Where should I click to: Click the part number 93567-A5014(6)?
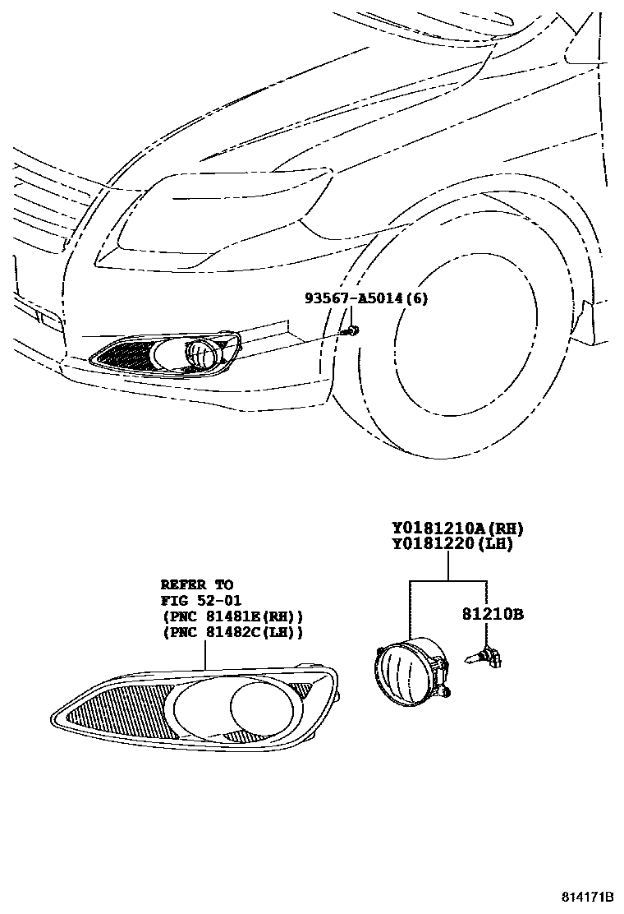click(x=366, y=298)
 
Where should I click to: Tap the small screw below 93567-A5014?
click(x=352, y=330)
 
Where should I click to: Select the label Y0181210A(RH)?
click(x=457, y=529)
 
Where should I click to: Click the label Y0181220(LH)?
click(x=452, y=543)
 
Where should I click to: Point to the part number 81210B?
click(x=493, y=614)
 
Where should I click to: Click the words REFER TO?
click(x=196, y=584)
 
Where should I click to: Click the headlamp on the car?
click(x=222, y=218)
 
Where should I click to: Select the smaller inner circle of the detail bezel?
click(x=257, y=705)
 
